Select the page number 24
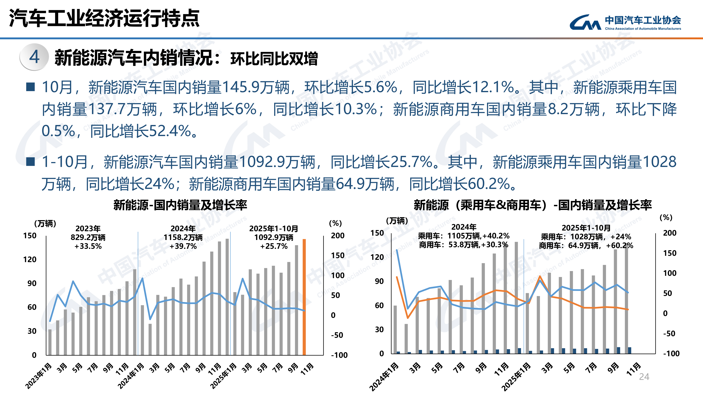point(644,377)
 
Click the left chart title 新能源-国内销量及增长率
point(180,205)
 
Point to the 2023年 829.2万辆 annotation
point(88,237)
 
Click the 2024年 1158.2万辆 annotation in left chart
point(183,237)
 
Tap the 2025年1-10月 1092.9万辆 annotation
point(274,237)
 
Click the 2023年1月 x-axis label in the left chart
point(38,376)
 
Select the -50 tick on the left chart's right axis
point(337,335)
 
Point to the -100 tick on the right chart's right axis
point(671,354)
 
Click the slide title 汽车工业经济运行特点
point(104,18)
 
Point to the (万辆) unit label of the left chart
point(45,223)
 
